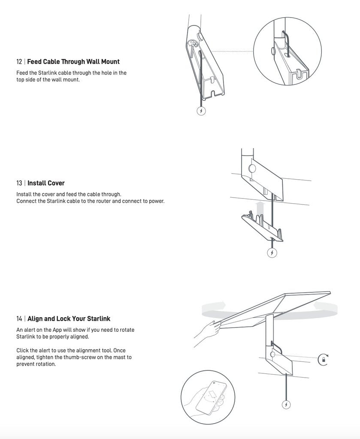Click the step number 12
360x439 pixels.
pyautogui.click(x=19, y=62)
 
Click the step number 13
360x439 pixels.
pyautogui.click(x=19, y=183)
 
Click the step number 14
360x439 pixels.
pyautogui.click(x=19, y=319)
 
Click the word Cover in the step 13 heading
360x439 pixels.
pyautogui.click(x=55, y=183)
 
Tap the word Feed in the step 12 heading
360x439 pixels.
pyautogui.click(x=34, y=62)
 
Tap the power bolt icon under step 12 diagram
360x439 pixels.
pyautogui.click(x=201, y=111)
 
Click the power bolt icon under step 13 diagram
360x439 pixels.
pyautogui.click(x=272, y=253)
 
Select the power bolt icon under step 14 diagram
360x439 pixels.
pyautogui.click(x=286, y=404)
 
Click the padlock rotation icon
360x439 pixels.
pyautogui.click(x=323, y=359)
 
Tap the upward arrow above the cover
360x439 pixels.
pyautogui.click(x=259, y=209)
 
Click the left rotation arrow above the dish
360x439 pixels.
pyautogui.click(x=214, y=307)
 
